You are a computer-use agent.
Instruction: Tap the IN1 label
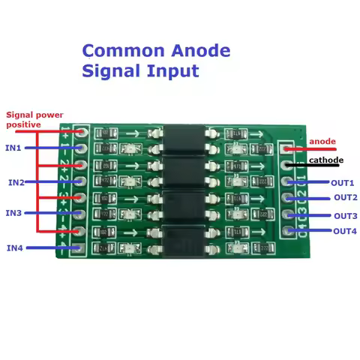(x=14, y=148)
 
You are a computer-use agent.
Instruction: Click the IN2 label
(x=16, y=182)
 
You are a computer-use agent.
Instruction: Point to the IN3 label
(x=14, y=213)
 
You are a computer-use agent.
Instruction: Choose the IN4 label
(x=15, y=247)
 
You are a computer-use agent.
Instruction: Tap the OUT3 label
(x=345, y=216)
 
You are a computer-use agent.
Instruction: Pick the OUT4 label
(x=345, y=231)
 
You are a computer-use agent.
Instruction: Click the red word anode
(x=322, y=142)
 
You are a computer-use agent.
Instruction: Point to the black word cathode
(x=326, y=160)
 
